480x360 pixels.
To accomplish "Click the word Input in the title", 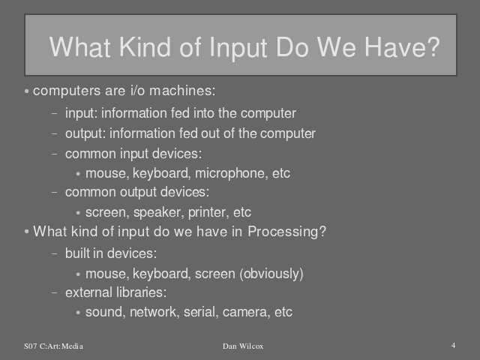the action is (x=238, y=48).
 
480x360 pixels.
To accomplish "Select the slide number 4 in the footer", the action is (x=453, y=346).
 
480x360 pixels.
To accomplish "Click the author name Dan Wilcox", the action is (x=243, y=346).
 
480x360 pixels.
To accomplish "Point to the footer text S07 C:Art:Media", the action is (x=53, y=346).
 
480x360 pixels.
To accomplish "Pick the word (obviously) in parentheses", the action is (x=271, y=274).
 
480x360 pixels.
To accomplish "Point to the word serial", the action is (x=200, y=312).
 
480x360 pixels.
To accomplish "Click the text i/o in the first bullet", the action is (x=137, y=91).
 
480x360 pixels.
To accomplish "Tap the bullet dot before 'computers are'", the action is (x=27, y=91).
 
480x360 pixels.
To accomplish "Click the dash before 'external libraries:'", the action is (x=55, y=292).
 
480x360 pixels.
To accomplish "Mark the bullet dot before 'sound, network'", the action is (x=78, y=313).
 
